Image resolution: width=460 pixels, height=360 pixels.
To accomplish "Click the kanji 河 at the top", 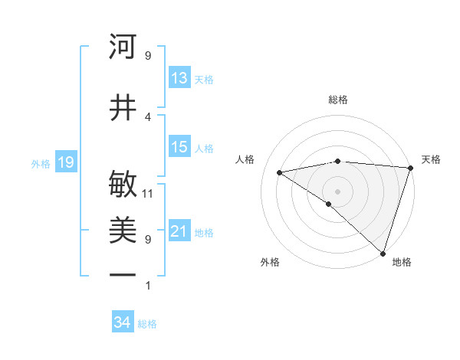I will [123, 47].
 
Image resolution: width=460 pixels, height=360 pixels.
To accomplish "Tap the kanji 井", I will [123, 108].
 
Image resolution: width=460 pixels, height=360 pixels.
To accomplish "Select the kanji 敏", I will [123, 185].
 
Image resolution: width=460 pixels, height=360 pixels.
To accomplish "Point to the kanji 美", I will [123, 230].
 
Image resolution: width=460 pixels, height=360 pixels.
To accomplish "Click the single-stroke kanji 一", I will [123, 275].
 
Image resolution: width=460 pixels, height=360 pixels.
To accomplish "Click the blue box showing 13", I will [179, 78].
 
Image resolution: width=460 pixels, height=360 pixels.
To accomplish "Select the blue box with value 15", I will [179, 147].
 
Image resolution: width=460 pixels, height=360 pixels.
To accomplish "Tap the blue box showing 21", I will [179, 231].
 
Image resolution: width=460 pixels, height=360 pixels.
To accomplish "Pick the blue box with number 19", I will [65, 162].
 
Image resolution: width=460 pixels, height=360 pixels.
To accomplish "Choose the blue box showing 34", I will [122, 323].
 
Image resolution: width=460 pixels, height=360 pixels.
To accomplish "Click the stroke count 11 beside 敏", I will [148, 194].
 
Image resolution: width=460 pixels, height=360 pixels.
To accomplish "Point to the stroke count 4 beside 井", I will [148, 117].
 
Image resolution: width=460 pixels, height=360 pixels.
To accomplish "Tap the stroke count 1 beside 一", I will [148, 286].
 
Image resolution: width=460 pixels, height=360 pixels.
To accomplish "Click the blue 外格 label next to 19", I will [40, 163].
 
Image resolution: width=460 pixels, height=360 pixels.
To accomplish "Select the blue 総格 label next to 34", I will [147, 324].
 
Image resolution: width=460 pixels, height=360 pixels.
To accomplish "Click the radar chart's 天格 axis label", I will [431, 159].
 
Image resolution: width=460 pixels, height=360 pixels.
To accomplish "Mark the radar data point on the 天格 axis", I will [410, 167].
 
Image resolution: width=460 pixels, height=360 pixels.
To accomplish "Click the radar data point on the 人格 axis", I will [280, 172].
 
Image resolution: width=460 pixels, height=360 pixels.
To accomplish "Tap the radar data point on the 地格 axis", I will [383, 253].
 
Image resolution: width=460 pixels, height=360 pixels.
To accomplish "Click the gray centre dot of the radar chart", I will [337, 191].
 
